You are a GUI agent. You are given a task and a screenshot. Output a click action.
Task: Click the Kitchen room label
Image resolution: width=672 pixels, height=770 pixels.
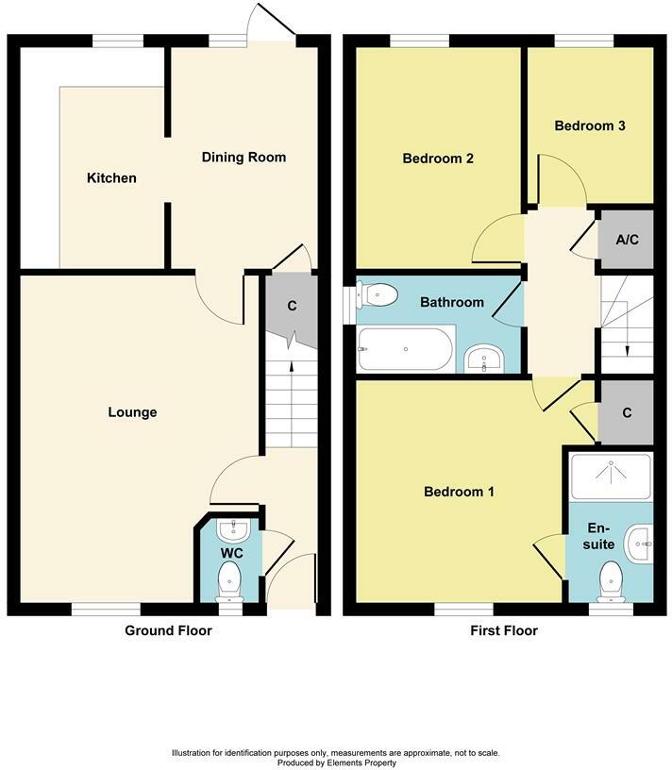click(x=112, y=178)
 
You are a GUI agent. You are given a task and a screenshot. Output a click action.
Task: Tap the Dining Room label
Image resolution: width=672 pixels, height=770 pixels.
click(x=244, y=157)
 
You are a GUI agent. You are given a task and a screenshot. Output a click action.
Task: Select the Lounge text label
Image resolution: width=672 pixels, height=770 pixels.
click(x=132, y=412)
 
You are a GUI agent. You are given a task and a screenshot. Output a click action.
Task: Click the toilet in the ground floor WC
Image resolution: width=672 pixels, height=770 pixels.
click(x=229, y=577)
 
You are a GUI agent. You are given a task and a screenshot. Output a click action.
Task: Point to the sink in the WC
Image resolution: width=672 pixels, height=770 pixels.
click(x=232, y=527)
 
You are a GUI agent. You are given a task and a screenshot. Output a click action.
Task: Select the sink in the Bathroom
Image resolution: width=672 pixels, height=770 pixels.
click(x=485, y=359)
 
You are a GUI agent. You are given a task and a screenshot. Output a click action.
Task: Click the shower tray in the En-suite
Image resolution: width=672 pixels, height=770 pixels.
click(x=610, y=475)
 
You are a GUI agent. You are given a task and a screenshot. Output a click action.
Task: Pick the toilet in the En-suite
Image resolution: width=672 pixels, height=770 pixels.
click(x=611, y=577)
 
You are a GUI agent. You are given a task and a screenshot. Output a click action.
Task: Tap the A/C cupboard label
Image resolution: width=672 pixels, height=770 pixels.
click(x=627, y=240)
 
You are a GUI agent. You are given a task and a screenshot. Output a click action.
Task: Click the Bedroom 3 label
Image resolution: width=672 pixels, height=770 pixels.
click(x=590, y=126)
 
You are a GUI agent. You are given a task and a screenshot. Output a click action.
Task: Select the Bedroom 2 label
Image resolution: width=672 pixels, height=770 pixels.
click(x=438, y=159)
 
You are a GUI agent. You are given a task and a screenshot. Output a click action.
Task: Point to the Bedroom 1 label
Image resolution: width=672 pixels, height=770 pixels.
click(x=460, y=492)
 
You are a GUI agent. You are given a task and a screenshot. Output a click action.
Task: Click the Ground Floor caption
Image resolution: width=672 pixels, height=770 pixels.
click(x=168, y=630)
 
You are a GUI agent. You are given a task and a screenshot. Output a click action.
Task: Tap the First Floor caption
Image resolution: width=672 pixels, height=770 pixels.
click(x=503, y=630)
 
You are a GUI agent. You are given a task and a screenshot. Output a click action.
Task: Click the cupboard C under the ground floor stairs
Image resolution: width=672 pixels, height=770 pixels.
click(x=293, y=306)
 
